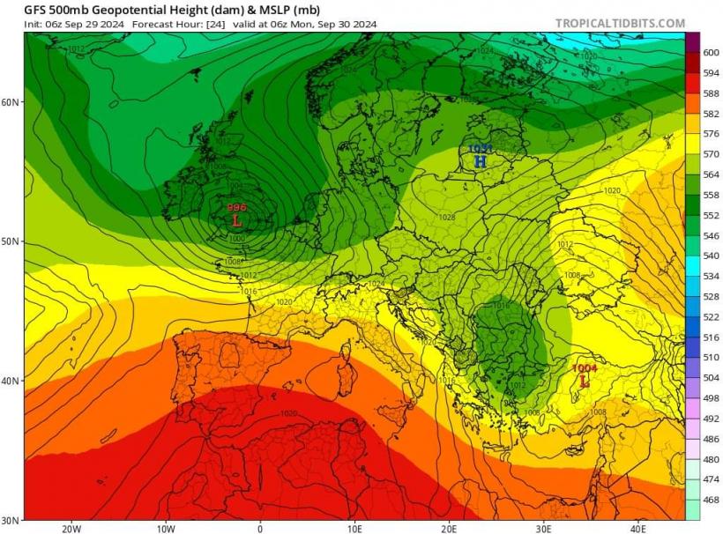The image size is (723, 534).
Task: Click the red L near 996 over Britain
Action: pyautogui.click(x=235, y=220)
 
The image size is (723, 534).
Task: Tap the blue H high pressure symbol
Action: pyautogui.click(x=480, y=162)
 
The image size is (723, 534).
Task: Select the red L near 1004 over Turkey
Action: pyautogui.click(x=583, y=382)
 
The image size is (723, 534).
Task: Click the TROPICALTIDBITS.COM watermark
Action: pyautogui.click(x=620, y=23)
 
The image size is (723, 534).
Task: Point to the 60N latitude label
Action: pyautogui.click(x=11, y=102)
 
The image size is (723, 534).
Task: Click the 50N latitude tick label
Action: pyautogui.click(x=11, y=241)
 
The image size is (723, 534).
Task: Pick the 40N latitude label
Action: pyautogui.click(x=11, y=381)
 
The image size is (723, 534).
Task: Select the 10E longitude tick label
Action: pyautogui.click(x=354, y=528)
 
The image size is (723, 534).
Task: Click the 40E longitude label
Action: pyautogui.click(x=638, y=528)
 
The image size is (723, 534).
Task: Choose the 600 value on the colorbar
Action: pyautogui.click(x=711, y=53)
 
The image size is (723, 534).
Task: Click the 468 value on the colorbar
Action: pyautogui.click(x=711, y=500)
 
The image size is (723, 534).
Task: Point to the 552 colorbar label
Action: pyautogui.click(x=711, y=215)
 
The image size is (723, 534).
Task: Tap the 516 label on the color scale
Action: pyautogui.click(x=711, y=337)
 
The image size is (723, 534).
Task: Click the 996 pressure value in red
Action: pyautogui.click(x=236, y=207)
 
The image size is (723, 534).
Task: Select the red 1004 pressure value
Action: pyautogui.click(x=585, y=368)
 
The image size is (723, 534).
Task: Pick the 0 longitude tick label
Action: pyautogui.click(x=260, y=528)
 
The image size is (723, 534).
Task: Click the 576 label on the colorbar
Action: pyautogui.click(x=711, y=134)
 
